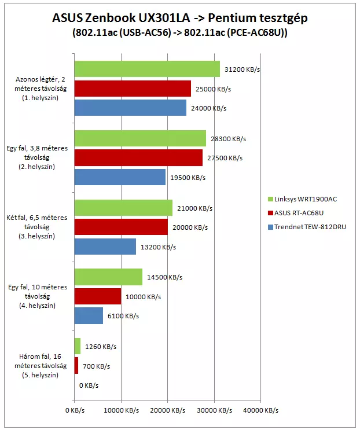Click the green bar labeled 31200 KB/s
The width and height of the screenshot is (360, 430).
tap(147, 69)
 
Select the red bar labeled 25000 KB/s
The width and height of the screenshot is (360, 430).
tap(133, 89)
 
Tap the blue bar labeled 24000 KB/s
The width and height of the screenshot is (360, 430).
tap(130, 108)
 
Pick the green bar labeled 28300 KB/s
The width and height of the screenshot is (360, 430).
tap(140, 139)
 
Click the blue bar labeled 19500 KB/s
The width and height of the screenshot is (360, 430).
tap(120, 177)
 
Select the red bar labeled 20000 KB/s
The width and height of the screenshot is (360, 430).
tap(121, 227)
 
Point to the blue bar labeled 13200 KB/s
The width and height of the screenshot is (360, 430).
tap(105, 247)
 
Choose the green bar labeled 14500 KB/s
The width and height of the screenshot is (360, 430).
tap(108, 277)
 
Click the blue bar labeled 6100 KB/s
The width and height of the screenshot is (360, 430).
tap(89, 316)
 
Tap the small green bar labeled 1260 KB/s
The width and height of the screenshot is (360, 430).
tap(78, 347)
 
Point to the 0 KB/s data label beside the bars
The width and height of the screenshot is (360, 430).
tap(88, 385)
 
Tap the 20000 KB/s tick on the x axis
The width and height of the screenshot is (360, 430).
tap(168, 410)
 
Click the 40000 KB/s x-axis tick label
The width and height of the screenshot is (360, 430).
tap(260, 410)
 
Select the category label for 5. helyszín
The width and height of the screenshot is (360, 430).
tap(39, 366)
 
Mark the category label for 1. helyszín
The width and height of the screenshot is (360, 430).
tap(39, 89)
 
